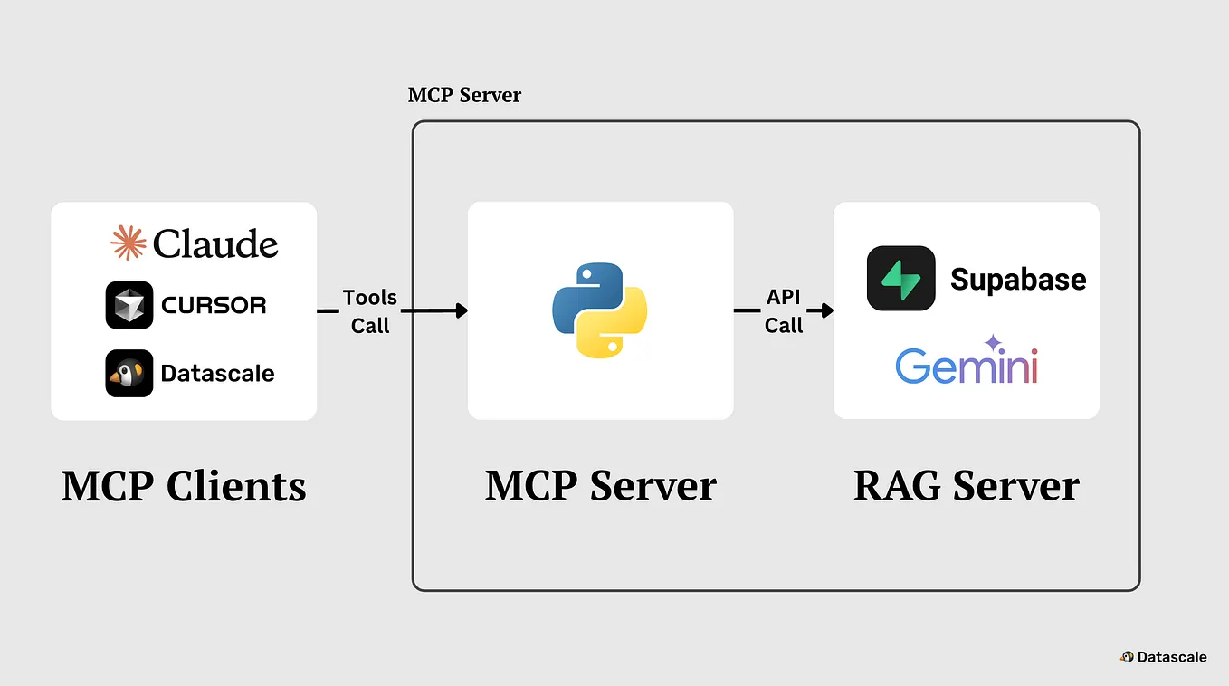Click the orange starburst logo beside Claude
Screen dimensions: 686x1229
tap(129, 243)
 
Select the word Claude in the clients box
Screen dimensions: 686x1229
tap(215, 244)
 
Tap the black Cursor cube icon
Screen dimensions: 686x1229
tap(129, 305)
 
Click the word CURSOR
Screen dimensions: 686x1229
tap(214, 306)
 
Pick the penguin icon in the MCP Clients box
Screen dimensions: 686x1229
tap(129, 373)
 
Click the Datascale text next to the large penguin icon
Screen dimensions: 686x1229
tap(217, 373)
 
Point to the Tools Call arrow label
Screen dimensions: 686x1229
tap(369, 311)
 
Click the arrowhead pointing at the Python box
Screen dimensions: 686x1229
tap(462, 310)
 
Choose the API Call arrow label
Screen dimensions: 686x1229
tap(784, 311)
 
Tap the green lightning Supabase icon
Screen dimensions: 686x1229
tap(900, 279)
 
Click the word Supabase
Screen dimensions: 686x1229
tap(1018, 280)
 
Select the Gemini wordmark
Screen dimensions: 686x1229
tap(966, 367)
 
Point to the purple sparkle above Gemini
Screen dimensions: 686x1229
tap(993, 343)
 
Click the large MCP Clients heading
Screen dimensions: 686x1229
tap(184, 486)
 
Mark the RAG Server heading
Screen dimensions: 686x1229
tap(966, 486)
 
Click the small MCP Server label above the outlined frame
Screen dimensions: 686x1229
tap(464, 95)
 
